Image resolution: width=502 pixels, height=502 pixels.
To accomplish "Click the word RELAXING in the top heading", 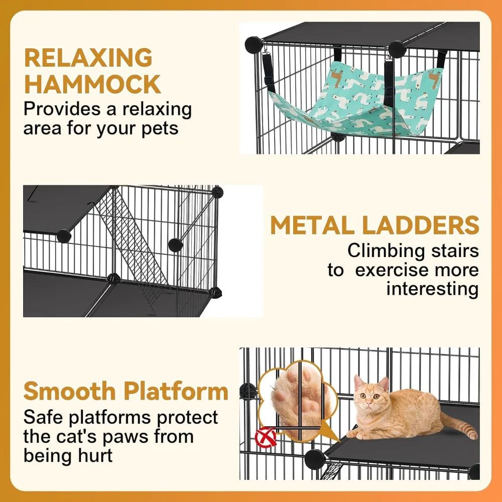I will (88, 58).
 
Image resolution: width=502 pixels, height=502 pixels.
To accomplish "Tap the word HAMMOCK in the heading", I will (92, 84).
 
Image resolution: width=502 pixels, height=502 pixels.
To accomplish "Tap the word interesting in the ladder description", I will (432, 289).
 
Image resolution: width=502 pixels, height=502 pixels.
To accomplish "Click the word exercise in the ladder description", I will (389, 270).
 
